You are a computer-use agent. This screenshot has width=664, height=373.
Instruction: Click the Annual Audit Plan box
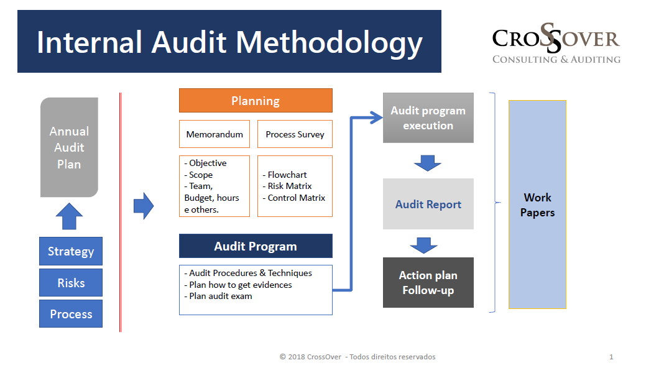point(69,147)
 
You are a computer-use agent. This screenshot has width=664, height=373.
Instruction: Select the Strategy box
point(71,251)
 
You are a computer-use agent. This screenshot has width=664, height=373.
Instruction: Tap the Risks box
point(71,283)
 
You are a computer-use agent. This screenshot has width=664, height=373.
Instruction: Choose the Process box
point(71,314)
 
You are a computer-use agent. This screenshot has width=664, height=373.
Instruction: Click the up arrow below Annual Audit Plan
point(69,216)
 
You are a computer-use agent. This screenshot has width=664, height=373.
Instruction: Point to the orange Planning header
point(256,101)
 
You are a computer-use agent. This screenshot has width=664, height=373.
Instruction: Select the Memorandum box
point(214,134)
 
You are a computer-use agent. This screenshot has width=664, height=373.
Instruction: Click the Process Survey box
point(295,134)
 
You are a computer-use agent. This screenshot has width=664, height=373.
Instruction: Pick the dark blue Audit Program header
point(256,246)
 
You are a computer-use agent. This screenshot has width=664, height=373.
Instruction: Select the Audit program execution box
point(428,118)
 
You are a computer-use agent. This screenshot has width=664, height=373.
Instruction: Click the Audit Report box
point(428,205)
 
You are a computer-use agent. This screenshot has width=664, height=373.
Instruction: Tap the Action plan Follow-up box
point(428,283)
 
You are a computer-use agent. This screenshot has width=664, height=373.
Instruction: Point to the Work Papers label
point(537,205)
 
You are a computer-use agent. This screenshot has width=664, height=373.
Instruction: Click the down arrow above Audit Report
point(428,163)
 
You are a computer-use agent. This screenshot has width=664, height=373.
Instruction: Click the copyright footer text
point(357,357)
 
